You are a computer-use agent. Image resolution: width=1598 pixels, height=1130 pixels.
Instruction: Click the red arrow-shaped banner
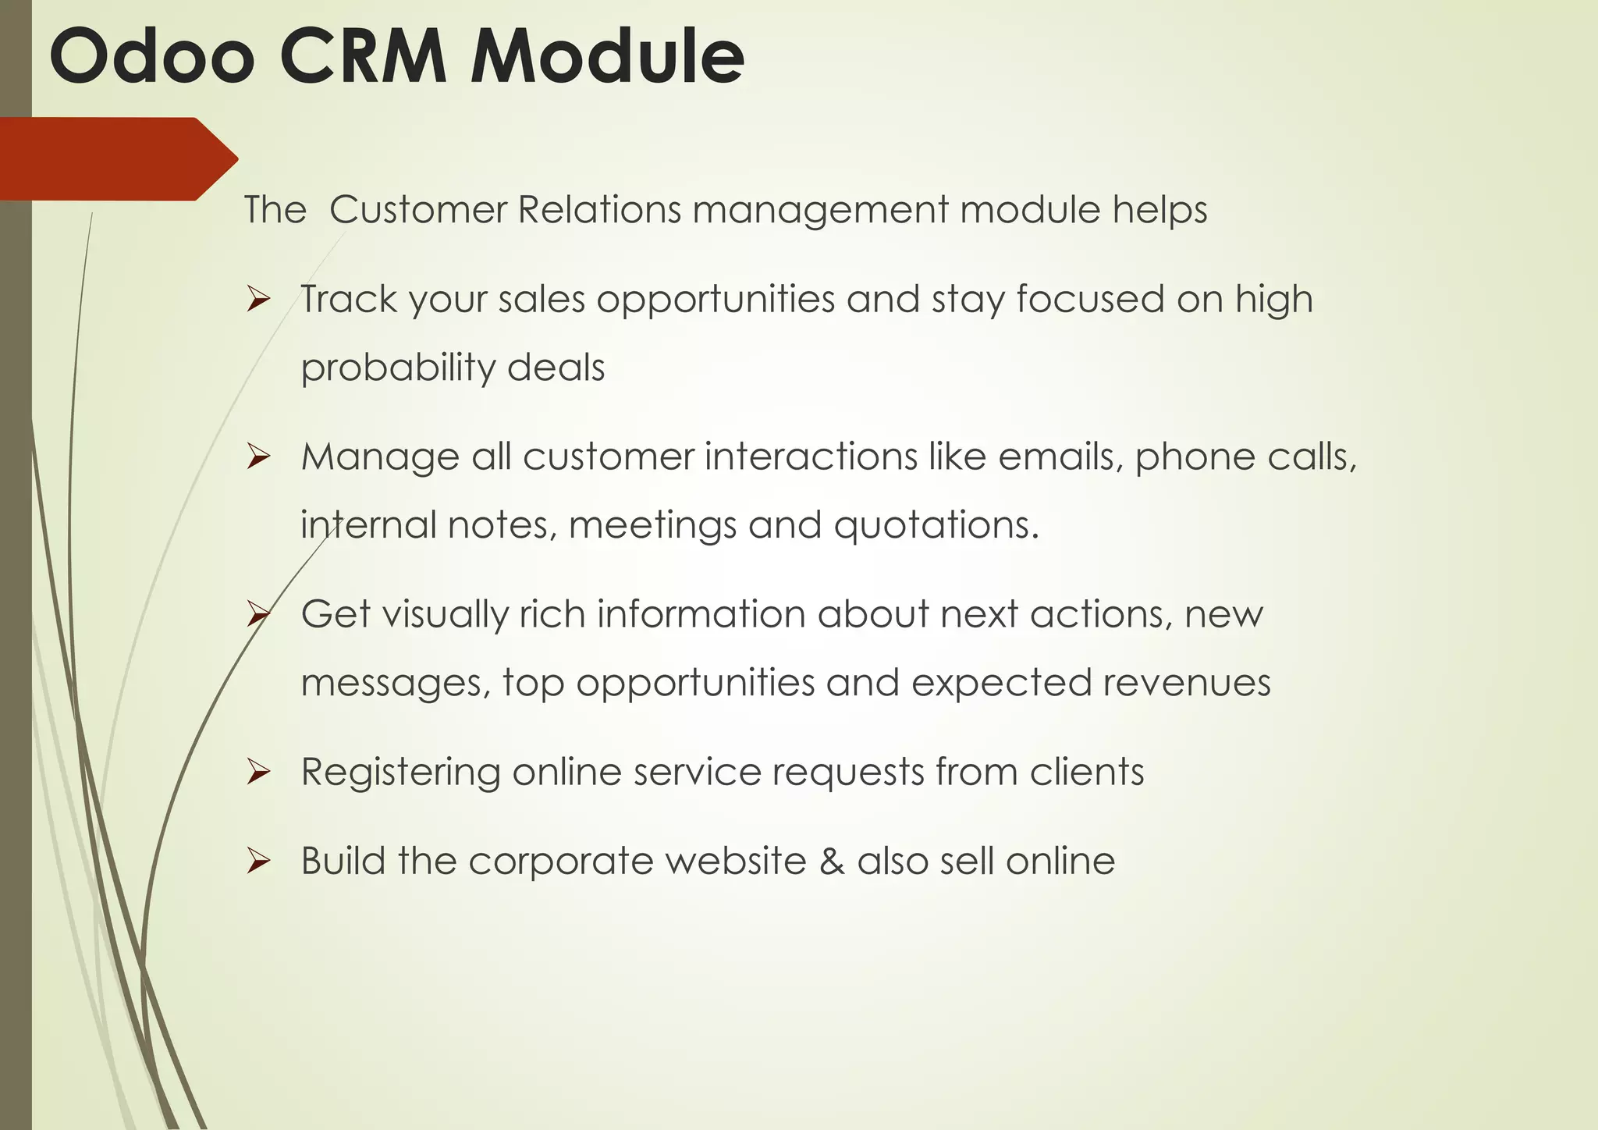pos(117,159)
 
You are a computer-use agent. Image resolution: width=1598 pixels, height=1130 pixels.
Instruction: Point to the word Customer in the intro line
pos(417,210)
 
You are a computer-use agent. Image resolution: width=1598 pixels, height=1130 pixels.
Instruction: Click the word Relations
pos(599,210)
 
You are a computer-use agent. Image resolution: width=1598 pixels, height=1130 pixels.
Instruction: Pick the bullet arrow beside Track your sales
pos(257,300)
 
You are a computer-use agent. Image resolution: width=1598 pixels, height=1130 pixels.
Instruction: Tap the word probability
pos(398,368)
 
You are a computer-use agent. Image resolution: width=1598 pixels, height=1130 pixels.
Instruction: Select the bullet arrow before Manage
pos(257,457)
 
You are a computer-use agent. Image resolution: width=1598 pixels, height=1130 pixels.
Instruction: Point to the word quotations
pos(936,524)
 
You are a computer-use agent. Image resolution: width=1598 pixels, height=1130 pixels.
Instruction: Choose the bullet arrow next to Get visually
pos(257,615)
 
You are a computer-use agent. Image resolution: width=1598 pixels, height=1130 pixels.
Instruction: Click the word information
pos(701,614)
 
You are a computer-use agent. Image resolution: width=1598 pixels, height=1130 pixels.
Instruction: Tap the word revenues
pos(1186,682)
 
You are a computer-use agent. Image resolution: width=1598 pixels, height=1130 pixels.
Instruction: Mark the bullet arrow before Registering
pos(257,773)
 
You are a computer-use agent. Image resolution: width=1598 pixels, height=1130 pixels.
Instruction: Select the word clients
pos(1086,772)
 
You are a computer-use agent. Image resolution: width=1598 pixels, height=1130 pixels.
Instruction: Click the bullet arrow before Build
pos(257,862)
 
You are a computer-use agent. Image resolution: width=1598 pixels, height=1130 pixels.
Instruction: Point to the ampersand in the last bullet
pos(832,862)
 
